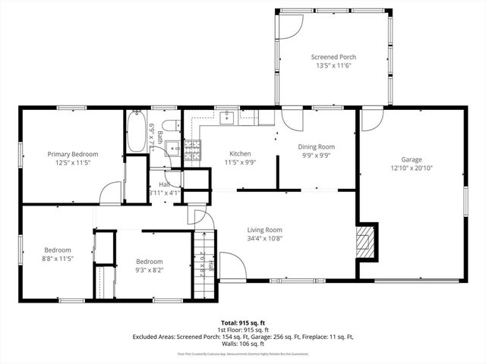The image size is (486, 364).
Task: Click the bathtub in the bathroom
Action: (137, 131)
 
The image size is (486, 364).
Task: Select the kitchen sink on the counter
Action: (227, 118)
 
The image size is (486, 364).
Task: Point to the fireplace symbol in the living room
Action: (366, 240)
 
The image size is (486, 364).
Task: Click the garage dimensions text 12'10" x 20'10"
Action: (412, 169)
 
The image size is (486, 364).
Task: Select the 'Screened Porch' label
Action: (333, 57)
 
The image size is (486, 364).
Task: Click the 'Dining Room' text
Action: (316, 146)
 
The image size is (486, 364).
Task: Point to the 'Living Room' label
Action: (264, 230)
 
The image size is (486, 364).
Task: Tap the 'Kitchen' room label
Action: (240, 153)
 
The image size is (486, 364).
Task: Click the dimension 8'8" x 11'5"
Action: (58, 259)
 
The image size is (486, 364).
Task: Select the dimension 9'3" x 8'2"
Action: (150, 268)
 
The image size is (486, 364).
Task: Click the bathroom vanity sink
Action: (172, 148)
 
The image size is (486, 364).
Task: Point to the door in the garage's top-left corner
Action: (371, 119)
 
